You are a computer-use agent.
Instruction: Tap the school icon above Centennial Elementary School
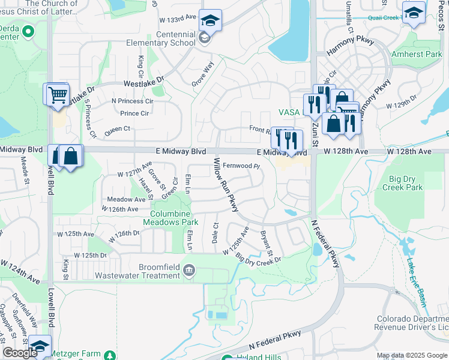tap(210, 21)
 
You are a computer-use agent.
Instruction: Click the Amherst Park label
tap(417, 54)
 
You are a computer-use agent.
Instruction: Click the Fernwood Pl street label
tap(240, 166)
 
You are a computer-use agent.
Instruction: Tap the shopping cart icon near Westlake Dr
tap(57, 95)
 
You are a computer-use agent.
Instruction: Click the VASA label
tap(289, 112)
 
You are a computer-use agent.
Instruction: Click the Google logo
tap(20, 353)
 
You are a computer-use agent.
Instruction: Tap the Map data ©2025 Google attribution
tap(412, 355)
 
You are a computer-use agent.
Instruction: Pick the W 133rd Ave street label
tap(178, 18)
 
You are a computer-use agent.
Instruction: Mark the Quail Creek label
tap(384, 17)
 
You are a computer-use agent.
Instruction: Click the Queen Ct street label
tap(117, 129)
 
